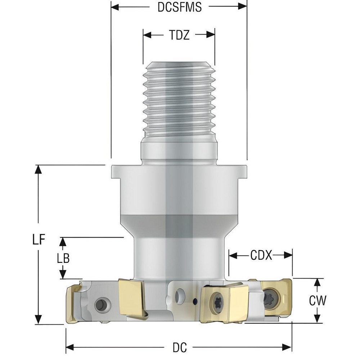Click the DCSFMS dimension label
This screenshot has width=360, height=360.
pyautogui.click(x=179, y=7)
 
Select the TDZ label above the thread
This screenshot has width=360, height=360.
pyautogui.click(x=179, y=35)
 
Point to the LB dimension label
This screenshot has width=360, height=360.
pyautogui.click(x=63, y=258)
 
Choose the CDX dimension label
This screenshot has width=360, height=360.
pyautogui.click(x=261, y=256)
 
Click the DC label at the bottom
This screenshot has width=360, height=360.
pyautogui.click(x=179, y=347)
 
